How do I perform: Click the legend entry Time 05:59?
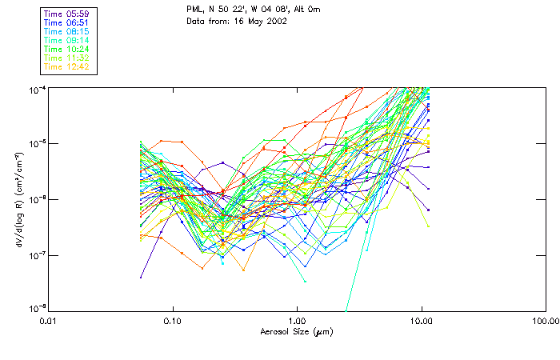coord(67,13)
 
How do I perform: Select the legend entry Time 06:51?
coord(67,22)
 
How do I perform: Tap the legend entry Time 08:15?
coord(67,30)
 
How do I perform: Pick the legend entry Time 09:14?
coord(67,39)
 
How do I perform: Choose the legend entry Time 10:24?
coord(67,48)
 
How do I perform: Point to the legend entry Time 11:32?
coord(67,57)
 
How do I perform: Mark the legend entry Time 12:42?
coord(67,66)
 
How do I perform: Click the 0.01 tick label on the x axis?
coord(48,321)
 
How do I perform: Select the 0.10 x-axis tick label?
coord(172,321)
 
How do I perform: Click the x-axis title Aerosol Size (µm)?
coord(296,331)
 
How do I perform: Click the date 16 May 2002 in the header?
coord(267,21)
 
